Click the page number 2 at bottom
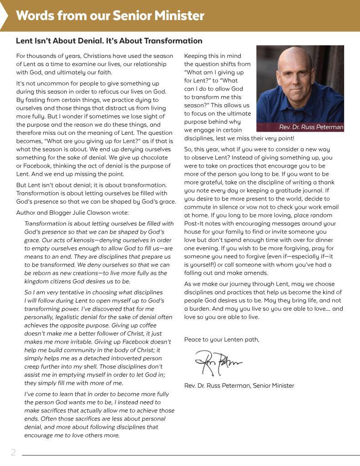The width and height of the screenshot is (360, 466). pyautogui.click(x=14, y=452)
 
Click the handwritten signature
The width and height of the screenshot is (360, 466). pyautogui.click(x=218, y=361)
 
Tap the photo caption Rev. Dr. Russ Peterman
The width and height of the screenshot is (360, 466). pyautogui.click(x=311, y=127)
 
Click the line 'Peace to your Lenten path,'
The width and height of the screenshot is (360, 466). pyautogui.click(x=222, y=339)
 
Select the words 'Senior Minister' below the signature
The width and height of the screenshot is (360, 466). pyautogui.click(x=273, y=386)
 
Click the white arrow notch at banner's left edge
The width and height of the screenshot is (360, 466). pyautogui.click(x=4, y=16)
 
